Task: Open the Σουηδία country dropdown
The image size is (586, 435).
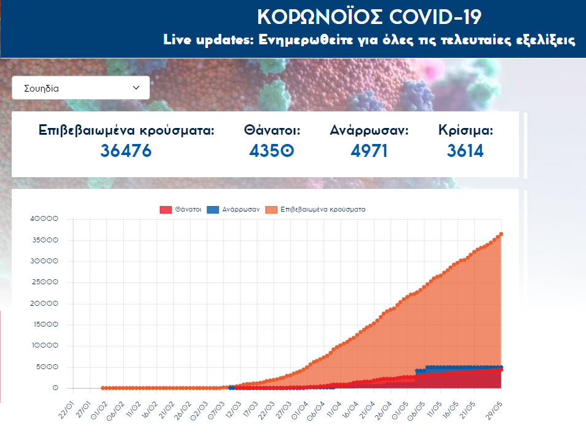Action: point(81,88)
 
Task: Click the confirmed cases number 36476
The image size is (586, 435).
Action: point(126,150)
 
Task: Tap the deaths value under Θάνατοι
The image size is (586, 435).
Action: point(272,150)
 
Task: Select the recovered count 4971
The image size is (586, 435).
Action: point(369,150)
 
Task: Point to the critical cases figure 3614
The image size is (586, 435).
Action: point(465,150)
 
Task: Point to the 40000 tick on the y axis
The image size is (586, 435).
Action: point(47,219)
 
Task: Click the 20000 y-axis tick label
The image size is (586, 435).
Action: point(47,304)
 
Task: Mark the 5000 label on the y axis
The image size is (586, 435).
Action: point(49,367)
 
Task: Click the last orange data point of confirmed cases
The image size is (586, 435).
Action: point(501,234)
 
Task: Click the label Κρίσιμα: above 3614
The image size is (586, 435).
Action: point(465,130)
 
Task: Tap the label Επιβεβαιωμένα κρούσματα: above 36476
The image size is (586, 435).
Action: point(126,130)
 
